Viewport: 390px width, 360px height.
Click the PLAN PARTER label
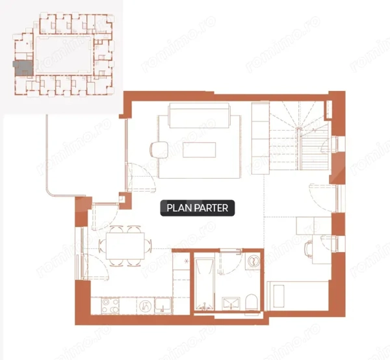point(197,208)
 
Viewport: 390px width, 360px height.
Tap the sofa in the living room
point(200,116)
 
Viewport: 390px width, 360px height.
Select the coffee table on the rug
point(200,150)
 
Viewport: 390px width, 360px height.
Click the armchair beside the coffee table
point(159,149)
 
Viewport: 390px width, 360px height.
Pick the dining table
point(125,246)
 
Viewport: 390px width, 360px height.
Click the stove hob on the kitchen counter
point(110,305)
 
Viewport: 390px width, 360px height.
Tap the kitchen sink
point(162,305)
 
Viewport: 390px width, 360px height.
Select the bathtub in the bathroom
point(204,285)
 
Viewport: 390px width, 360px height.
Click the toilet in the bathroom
point(251,302)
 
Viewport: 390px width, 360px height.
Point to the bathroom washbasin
point(231,303)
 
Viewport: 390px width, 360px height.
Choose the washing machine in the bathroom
point(253,261)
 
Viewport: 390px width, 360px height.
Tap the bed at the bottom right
point(298,296)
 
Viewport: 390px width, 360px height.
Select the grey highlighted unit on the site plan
point(23,68)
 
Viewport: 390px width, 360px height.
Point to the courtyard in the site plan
point(64,55)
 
